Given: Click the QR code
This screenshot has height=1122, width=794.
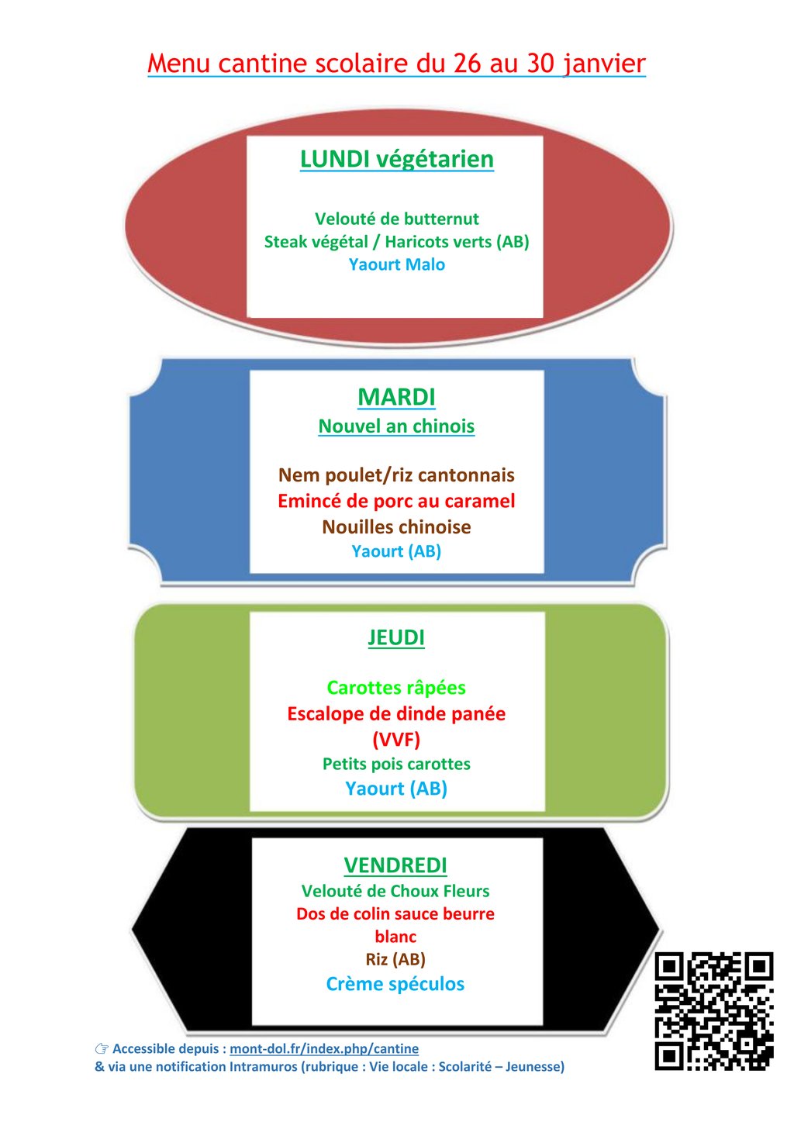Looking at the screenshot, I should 713,1011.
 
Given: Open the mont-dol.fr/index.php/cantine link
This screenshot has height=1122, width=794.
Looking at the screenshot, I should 324,1048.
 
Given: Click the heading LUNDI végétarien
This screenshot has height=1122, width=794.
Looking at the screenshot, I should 396,159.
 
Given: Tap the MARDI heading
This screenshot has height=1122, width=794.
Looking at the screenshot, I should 396,397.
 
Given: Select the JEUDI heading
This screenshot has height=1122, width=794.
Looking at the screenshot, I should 396,637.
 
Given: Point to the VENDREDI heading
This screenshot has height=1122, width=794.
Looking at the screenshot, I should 395,865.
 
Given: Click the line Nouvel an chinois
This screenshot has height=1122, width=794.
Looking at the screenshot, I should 396,426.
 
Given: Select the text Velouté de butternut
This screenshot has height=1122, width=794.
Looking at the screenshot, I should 396,219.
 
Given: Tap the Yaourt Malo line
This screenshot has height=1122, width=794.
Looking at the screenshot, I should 396,264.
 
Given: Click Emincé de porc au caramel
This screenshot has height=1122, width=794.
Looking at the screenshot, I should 396,501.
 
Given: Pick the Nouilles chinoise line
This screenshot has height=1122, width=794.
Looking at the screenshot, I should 396,527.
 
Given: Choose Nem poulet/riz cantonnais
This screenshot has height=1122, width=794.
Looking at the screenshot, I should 396,475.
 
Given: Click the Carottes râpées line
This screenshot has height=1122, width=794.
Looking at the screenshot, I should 396,688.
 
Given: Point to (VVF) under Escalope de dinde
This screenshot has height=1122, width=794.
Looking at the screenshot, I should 396,739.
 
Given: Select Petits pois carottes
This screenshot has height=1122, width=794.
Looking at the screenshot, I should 396,764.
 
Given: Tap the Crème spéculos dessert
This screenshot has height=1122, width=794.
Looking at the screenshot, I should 395,984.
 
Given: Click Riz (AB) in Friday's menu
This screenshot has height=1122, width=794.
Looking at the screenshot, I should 395,959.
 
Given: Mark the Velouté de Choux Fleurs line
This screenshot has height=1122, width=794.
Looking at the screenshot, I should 395,891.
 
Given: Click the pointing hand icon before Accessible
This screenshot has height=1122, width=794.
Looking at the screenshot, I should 102,1048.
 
